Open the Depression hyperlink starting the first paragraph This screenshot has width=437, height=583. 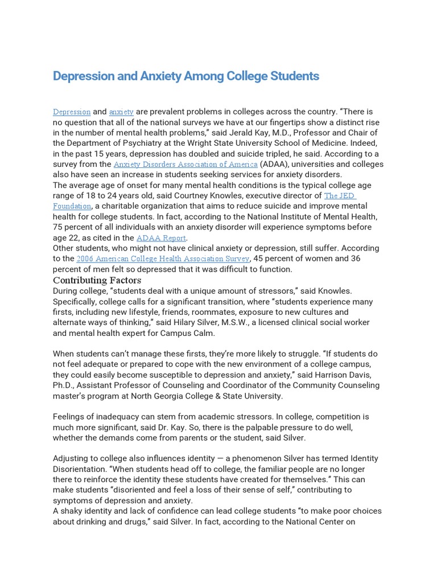pos(72,112)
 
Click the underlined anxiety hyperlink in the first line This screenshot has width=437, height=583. pos(121,112)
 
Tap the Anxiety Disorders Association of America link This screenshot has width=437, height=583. pos(185,165)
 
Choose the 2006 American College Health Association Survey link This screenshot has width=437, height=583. pos(163,259)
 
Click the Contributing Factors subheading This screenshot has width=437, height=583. pos(97,280)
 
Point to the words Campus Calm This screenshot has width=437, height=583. pos(193,333)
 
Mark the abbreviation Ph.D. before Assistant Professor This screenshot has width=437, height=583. pos(64,385)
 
